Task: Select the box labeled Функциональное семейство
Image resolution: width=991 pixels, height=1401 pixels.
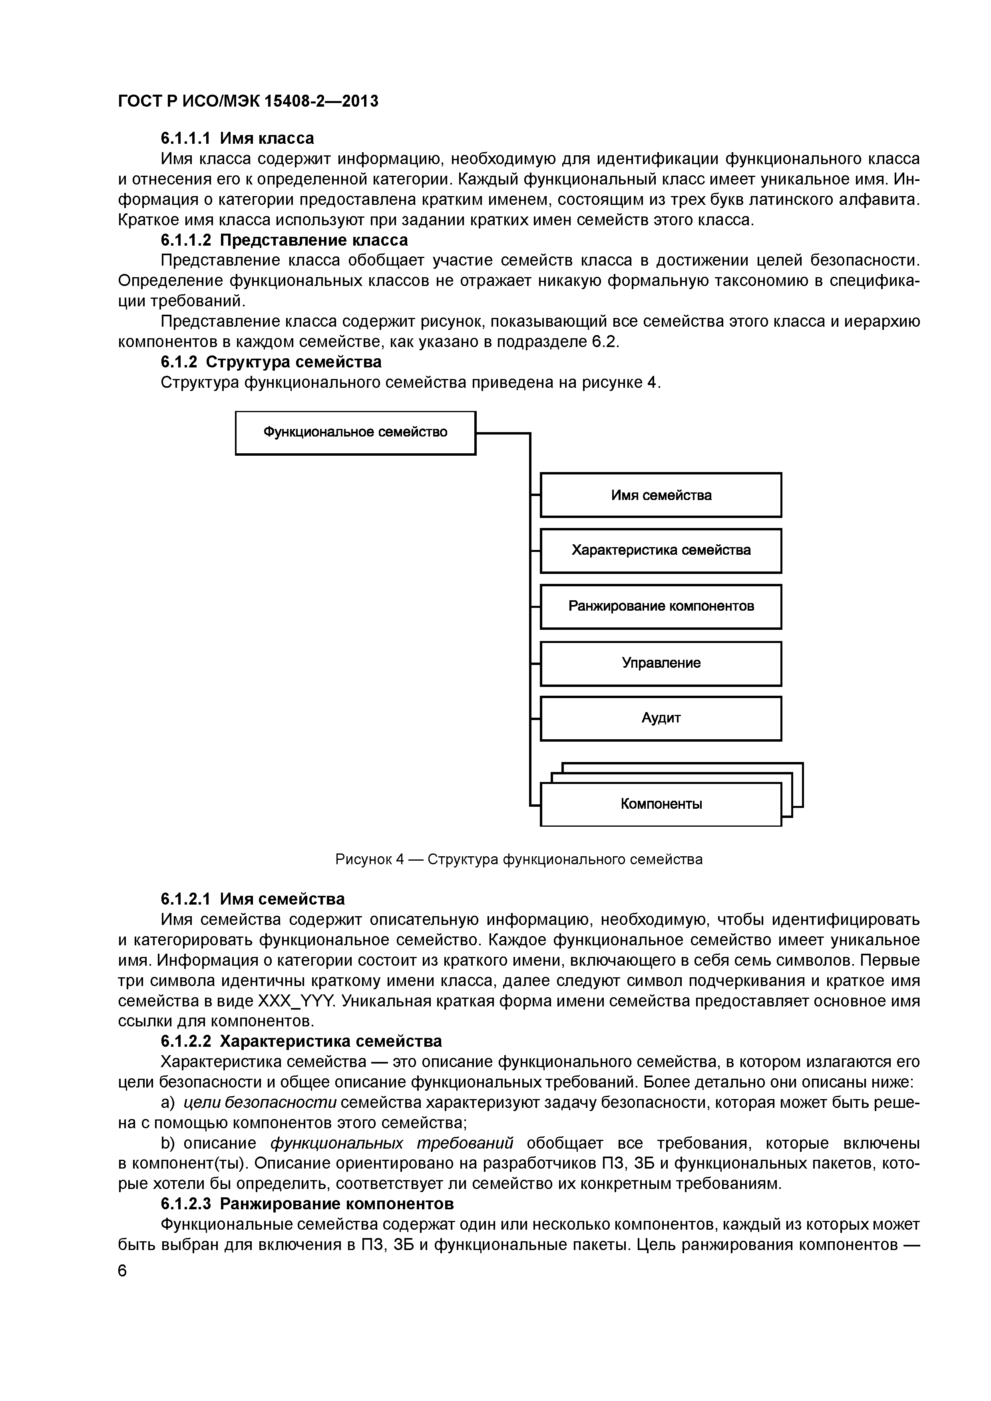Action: pyautogui.click(x=355, y=433)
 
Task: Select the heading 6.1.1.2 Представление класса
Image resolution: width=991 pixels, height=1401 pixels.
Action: pyautogui.click(x=284, y=240)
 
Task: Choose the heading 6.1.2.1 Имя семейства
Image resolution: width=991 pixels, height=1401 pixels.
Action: pyautogui.click(x=252, y=899)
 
